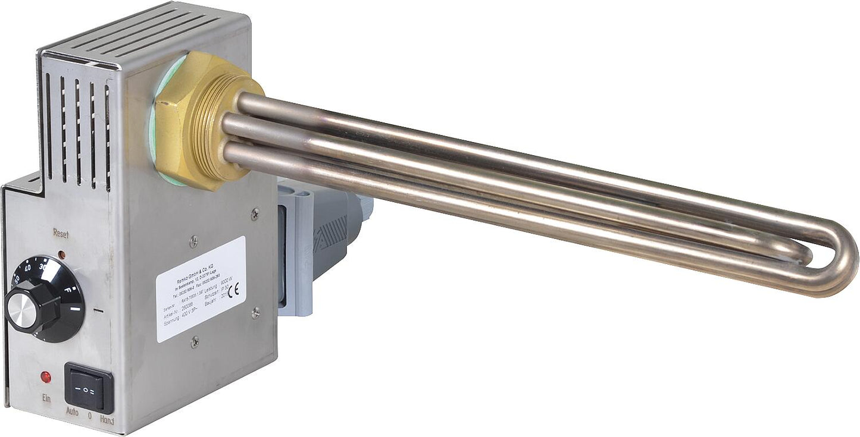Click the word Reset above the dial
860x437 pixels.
click(61, 234)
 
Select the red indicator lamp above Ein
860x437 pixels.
click(45, 377)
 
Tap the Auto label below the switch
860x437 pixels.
click(72, 411)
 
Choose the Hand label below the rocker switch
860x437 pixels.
click(107, 420)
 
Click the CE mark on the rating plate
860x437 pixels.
click(233, 291)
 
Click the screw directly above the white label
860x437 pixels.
click(193, 241)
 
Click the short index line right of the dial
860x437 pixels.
click(98, 310)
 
